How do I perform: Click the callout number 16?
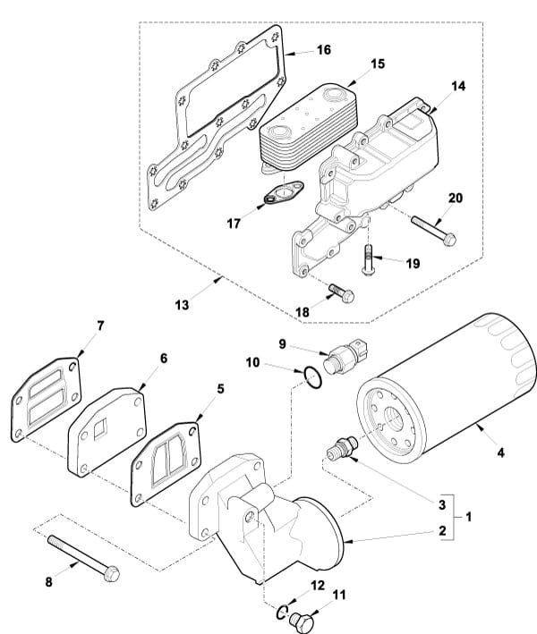(x=324, y=50)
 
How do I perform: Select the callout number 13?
(x=182, y=305)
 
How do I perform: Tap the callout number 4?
(x=501, y=452)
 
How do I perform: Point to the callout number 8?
(x=48, y=582)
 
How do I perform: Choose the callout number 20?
(x=456, y=199)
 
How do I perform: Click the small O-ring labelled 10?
(x=313, y=376)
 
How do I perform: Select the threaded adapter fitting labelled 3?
(x=343, y=448)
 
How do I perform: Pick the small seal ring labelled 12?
(x=283, y=613)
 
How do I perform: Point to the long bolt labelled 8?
(x=83, y=558)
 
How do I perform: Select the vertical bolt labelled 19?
(x=368, y=259)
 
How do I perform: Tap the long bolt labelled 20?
(x=434, y=231)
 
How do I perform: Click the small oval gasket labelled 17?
(x=284, y=193)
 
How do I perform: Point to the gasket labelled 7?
(x=46, y=400)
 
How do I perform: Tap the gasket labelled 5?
(x=166, y=464)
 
